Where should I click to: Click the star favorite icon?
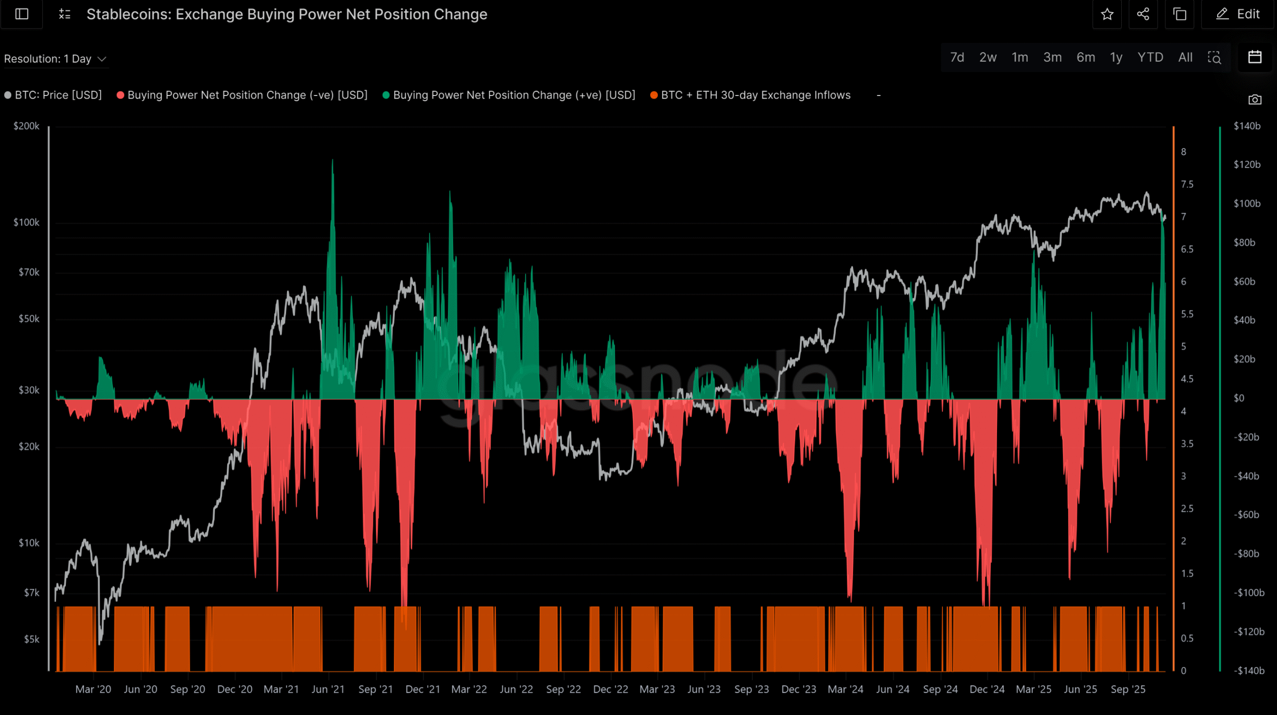tap(1107, 14)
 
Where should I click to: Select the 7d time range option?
tap(957, 58)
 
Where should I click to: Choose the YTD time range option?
tap(1150, 58)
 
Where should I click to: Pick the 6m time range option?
tap(1085, 58)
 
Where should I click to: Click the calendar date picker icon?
tap(1255, 57)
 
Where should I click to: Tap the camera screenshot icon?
tap(1255, 100)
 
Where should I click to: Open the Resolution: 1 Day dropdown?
tap(55, 59)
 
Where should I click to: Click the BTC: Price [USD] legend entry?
tap(53, 96)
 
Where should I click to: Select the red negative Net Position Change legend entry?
tap(242, 96)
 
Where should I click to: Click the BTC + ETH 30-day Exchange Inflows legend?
tap(750, 96)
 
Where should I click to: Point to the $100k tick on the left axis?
tap(27, 223)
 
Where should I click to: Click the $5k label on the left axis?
tap(31, 639)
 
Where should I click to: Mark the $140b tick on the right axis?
tap(1247, 126)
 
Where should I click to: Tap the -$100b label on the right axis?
tap(1249, 593)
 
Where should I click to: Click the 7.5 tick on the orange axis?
tap(1187, 184)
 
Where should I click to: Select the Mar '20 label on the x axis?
tap(93, 689)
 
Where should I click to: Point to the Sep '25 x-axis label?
tap(1128, 689)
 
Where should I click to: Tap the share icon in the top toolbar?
tap(1143, 14)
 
